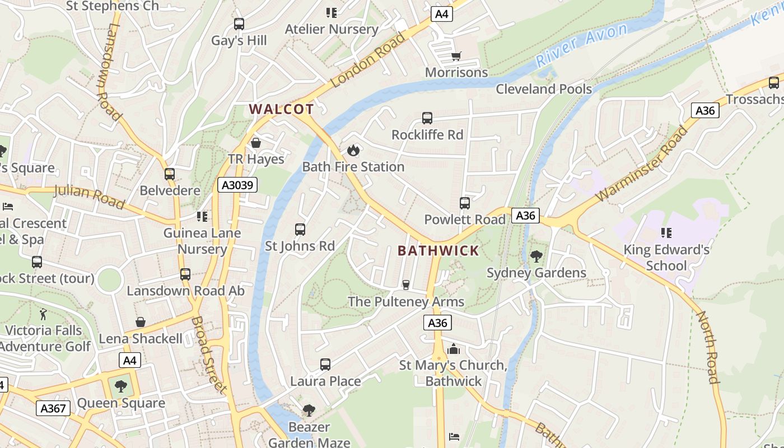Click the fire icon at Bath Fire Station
point(353,150)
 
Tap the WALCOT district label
point(281,109)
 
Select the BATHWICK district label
point(438,250)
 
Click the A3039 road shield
point(237,185)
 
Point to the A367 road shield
point(54,408)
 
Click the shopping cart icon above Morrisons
point(456,56)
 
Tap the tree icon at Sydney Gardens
point(536,256)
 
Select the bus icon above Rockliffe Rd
point(427,118)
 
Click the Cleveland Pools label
point(544,89)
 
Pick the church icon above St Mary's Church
point(454,349)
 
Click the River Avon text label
point(581,45)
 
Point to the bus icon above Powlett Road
point(465,203)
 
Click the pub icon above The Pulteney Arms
point(406,285)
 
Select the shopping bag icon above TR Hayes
point(256,143)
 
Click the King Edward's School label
point(666,258)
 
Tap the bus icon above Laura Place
point(325,365)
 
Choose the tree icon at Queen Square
point(120,386)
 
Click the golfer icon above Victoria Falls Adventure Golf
point(44,314)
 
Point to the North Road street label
point(707,347)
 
